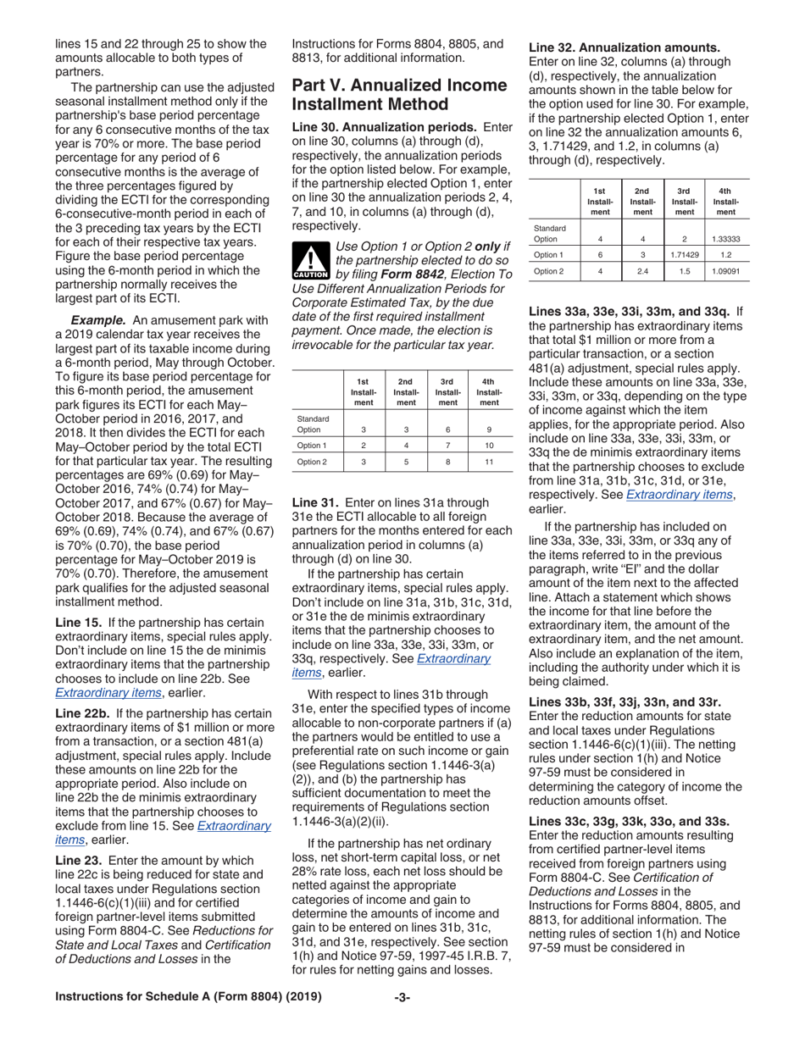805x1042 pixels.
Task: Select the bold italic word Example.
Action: tap(98, 319)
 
